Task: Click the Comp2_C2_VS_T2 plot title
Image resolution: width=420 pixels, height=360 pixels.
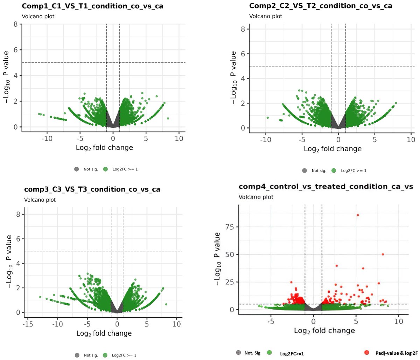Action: [x=321, y=6]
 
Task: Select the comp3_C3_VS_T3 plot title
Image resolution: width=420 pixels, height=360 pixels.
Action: [x=92, y=189]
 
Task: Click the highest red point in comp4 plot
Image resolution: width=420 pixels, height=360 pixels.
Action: [x=358, y=215]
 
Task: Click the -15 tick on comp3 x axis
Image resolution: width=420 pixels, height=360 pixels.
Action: [x=28, y=324]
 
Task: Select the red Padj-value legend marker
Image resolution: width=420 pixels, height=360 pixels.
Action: [x=366, y=353]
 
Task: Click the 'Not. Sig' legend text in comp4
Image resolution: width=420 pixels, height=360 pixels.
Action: [x=252, y=353]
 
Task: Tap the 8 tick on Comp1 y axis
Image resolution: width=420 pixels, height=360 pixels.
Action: [x=16, y=24]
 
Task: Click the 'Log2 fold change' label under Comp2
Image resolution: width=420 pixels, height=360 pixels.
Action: [x=332, y=149]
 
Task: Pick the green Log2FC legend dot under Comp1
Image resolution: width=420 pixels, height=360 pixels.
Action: [x=105, y=169]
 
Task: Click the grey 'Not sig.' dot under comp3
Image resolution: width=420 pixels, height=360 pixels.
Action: [x=77, y=355]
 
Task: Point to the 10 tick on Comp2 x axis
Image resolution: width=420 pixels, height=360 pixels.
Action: [x=411, y=140]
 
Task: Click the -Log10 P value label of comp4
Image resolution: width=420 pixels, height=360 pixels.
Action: [x=217, y=258]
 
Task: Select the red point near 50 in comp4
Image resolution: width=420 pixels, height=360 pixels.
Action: [x=383, y=254]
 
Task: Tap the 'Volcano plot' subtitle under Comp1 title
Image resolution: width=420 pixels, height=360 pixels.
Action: [x=38, y=16]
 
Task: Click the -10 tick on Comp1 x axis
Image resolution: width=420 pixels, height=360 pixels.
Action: [x=47, y=138]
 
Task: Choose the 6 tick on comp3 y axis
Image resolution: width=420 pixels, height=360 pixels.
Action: [x=18, y=239]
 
